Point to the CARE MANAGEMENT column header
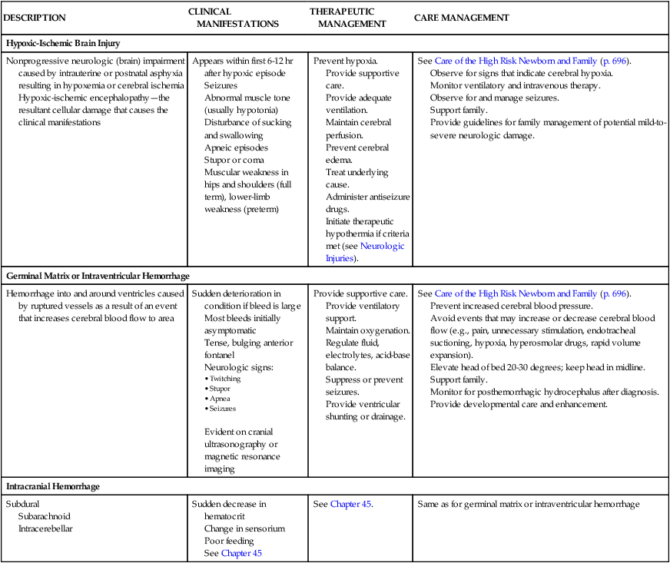(x=461, y=18)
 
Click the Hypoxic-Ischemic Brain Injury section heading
(x=63, y=43)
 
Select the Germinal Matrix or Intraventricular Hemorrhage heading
(x=98, y=275)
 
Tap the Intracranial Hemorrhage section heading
(x=53, y=486)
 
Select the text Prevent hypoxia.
(x=346, y=60)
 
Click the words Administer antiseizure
(x=369, y=197)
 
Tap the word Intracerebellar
(x=45, y=528)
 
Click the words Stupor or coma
(x=234, y=160)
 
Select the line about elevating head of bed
(x=537, y=367)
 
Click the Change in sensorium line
(x=244, y=528)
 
